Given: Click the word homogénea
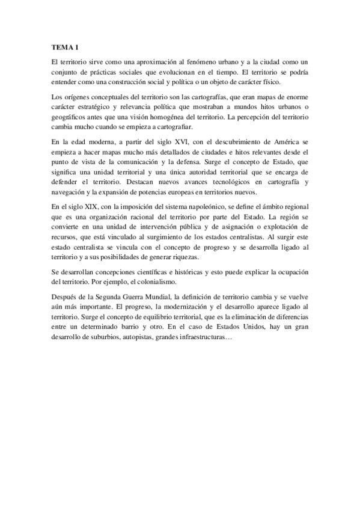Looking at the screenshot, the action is pyautogui.click(x=180, y=120).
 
